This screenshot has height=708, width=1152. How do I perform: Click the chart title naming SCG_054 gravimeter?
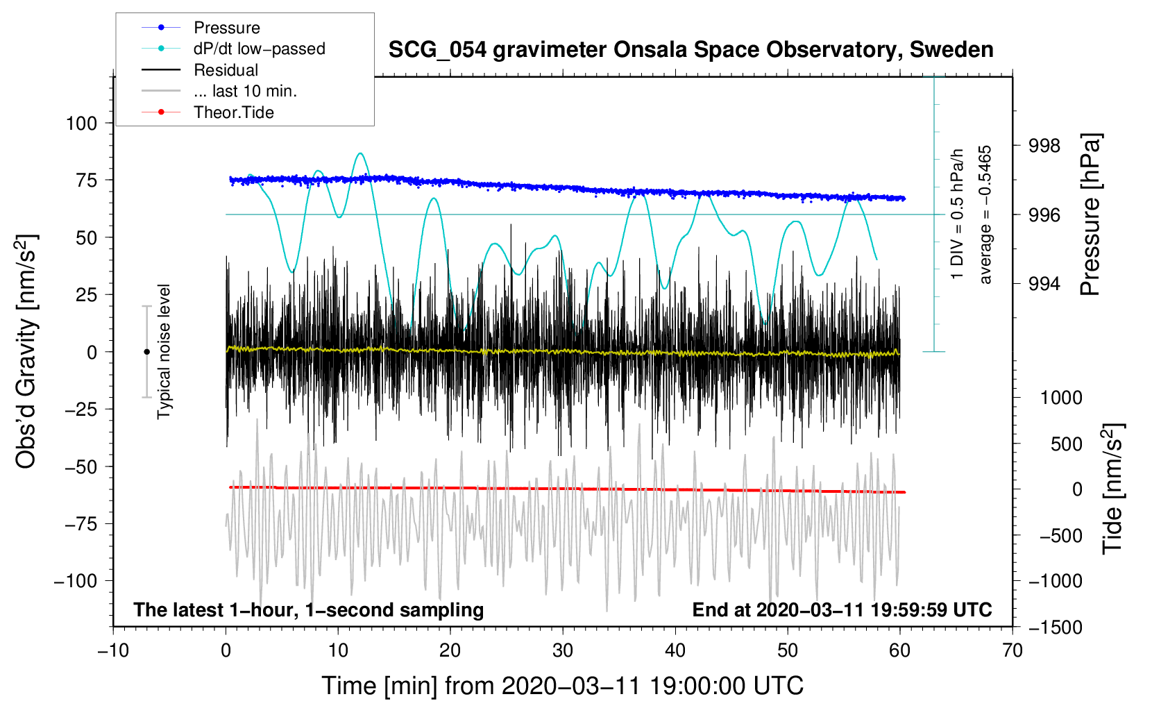pyautogui.click(x=691, y=50)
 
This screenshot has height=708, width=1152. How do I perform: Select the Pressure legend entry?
pyautogui.click(x=226, y=28)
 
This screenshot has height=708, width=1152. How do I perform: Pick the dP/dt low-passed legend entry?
pyautogui.click(x=259, y=49)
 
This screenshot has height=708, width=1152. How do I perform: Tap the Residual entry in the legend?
pyautogui.click(x=226, y=70)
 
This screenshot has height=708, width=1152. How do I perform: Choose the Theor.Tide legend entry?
pyautogui.click(x=233, y=112)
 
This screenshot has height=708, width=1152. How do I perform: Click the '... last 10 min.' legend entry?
pyautogui.click(x=245, y=91)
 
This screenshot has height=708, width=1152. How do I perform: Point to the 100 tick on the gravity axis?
pyautogui.click(x=81, y=124)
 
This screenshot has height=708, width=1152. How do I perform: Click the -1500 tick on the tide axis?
pyautogui.click(x=1056, y=627)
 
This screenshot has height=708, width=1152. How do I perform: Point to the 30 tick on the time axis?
pyautogui.click(x=563, y=651)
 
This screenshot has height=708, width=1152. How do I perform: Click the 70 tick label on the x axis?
pyautogui.click(x=1013, y=651)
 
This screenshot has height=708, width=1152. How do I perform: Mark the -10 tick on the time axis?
pyautogui.click(x=113, y=651)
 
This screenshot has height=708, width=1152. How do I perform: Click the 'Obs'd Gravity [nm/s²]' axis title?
pyautogui.click(x=26, y=351)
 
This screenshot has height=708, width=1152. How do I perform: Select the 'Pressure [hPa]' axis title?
pyautogui.click(x=1090, y=215)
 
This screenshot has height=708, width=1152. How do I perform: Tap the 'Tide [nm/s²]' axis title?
pyautogui.click(x=1112, y=489)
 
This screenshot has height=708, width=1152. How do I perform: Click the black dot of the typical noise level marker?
pyautogui.click(x=146, y=352)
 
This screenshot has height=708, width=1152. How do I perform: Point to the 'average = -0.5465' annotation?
pyautogui.click(x=985, y=215)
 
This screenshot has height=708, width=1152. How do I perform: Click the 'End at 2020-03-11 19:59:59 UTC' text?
pyautogui.click(x=842, y=610)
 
